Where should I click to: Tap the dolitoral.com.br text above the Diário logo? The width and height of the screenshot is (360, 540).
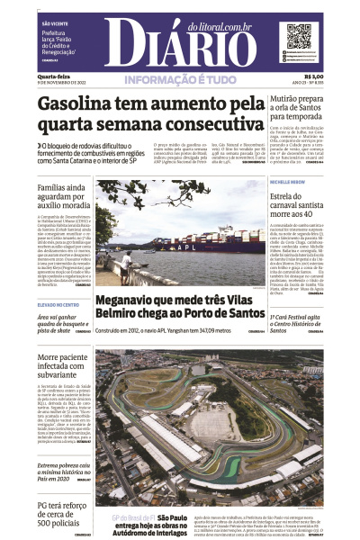click(x=219, y=28)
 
